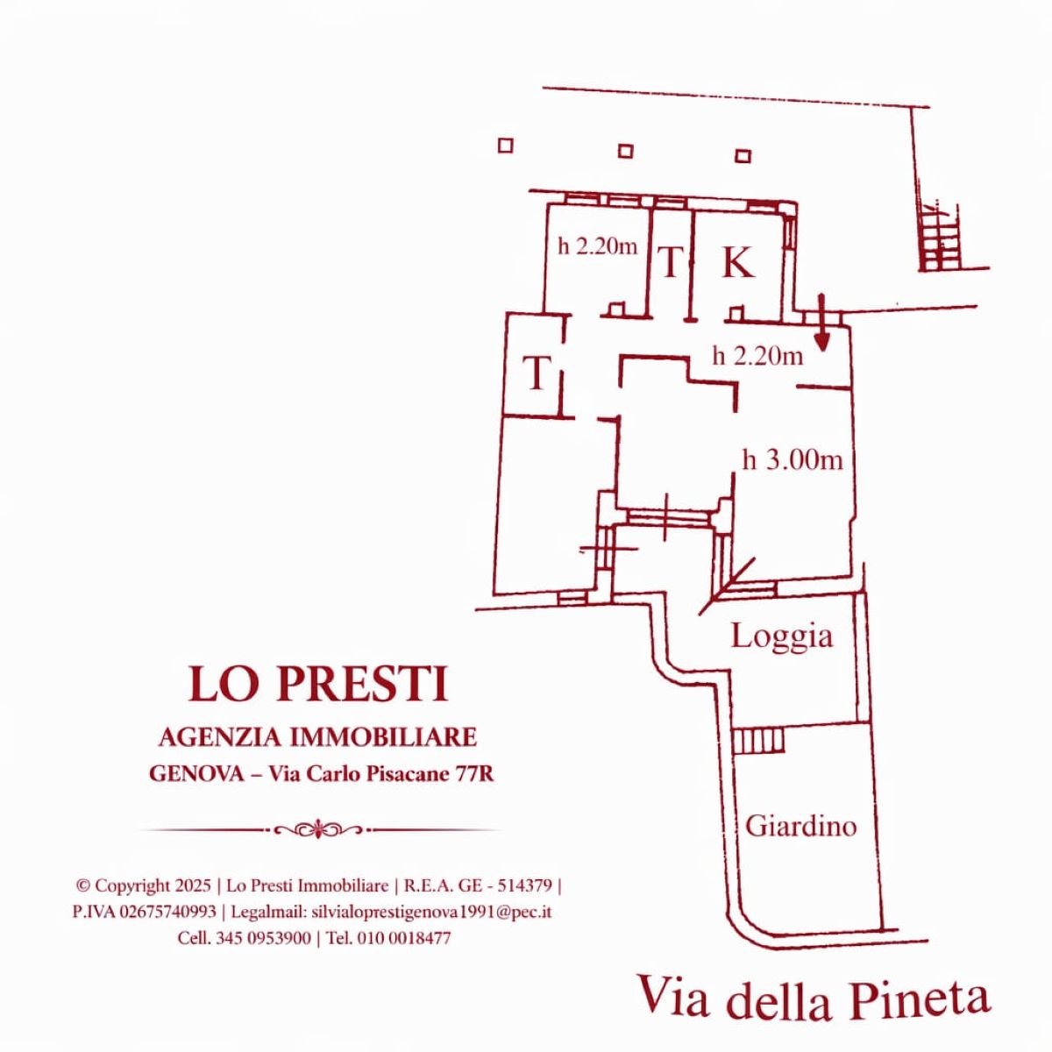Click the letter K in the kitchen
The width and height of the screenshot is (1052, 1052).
738,263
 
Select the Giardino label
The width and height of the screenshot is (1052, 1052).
801,826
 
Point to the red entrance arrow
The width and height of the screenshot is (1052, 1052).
821,322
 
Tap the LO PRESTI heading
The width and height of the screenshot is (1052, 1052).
317,685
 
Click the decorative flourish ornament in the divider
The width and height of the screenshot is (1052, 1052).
318,830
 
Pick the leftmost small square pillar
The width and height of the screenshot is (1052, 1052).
506,146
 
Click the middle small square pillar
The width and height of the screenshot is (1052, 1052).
626,151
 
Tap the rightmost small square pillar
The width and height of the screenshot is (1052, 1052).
743,156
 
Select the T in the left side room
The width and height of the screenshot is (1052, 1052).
537,373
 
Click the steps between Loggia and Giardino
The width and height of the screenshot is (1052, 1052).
758,742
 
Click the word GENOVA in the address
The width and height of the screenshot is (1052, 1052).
196,775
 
